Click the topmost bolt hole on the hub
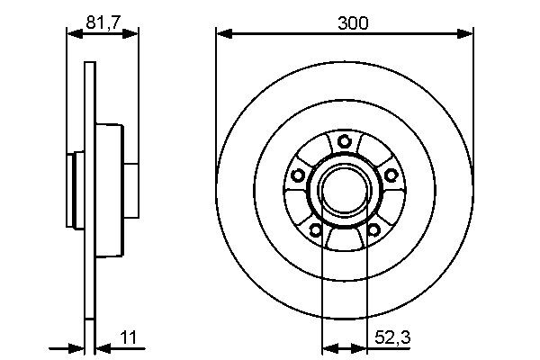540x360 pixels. [x=345, y=141]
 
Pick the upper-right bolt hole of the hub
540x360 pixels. [x=391, y=175]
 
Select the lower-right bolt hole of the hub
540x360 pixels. [x=373, y=229]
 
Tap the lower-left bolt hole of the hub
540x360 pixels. [x=316, y=229]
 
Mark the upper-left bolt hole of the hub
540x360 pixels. [x=298, y=175]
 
